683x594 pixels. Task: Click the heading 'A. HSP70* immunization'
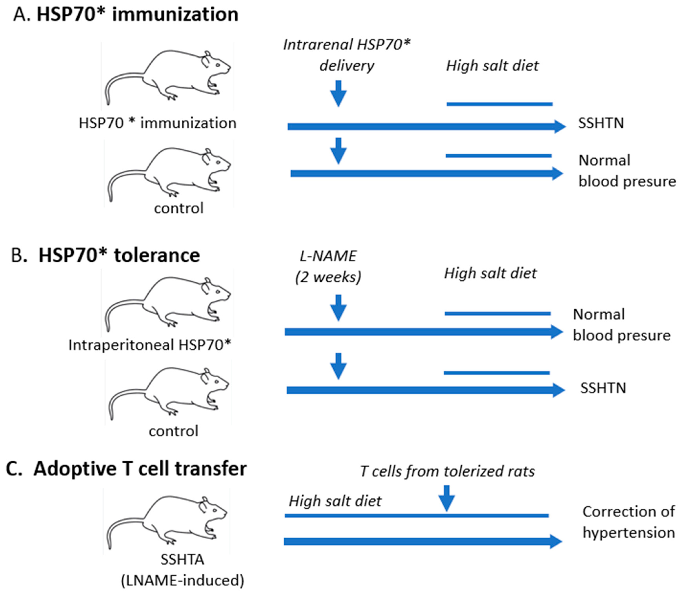(126, 15)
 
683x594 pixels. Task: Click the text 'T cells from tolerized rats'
(447, 471)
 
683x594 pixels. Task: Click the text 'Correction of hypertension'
(628, 522)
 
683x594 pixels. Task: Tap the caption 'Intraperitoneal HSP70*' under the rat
(150, 345)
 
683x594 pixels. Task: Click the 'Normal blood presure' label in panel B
(621, 325)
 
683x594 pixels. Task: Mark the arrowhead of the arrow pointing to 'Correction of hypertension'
(556, 542)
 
